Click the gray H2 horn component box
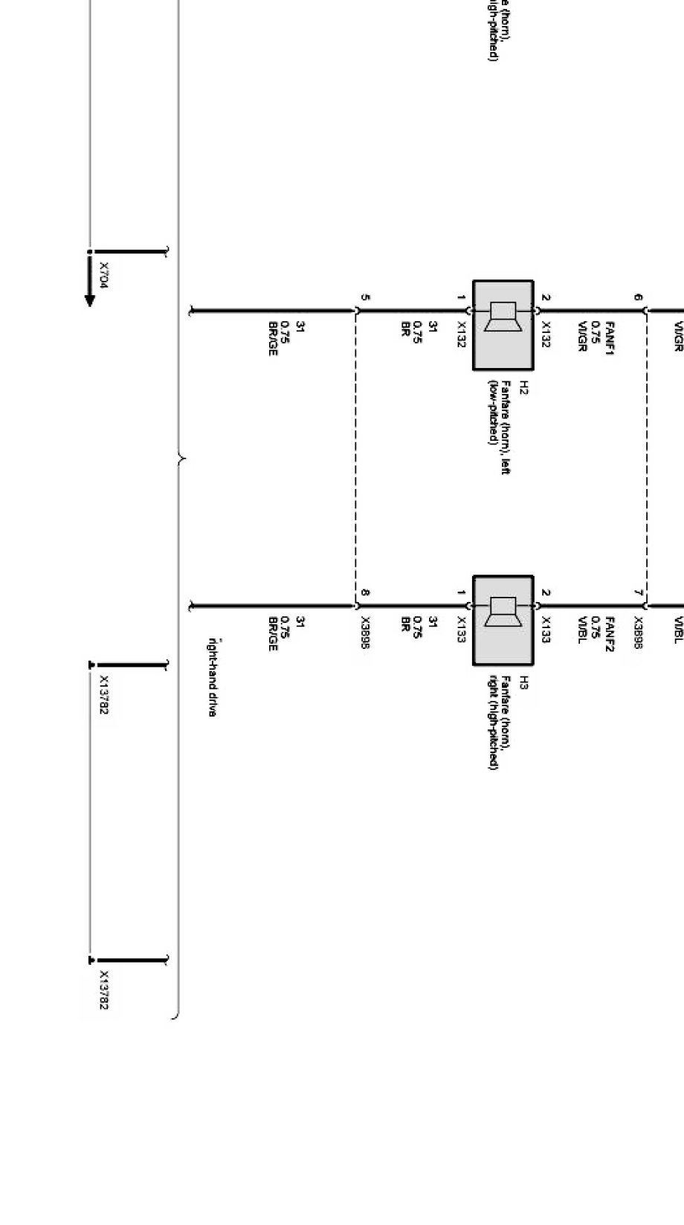(x=503, y=325)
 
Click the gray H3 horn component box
(x=503, y=620)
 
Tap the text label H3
(x=523, y=682)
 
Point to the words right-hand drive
(x=212, y=676)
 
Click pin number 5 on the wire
(x=365, y=297)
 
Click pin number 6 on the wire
(x=639, y=297)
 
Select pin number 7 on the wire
(x=639, y=592)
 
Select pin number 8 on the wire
(x=365, y=592)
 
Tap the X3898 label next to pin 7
(x=639, y=633)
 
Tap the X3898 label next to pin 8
(x=365, y=633)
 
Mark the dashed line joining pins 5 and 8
(x=356, y=457)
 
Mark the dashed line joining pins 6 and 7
(x=646, y=457)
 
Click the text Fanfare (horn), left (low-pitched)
(x=499, y=427)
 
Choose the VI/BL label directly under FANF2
(x=583, y=630)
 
